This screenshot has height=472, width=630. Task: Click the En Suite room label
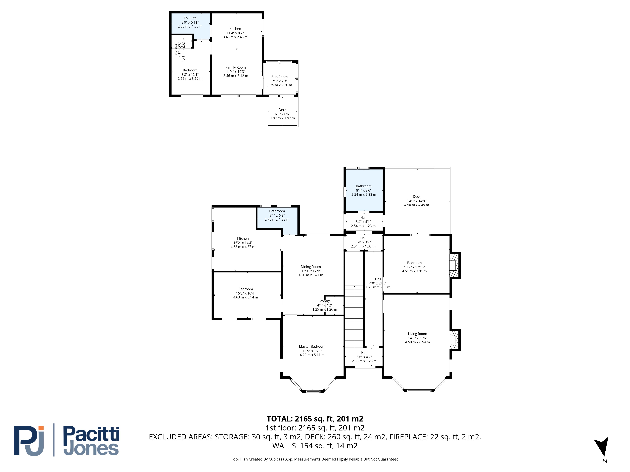pyautogui.click(x=190, y=18)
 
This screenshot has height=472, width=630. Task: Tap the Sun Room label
pyautogui.click(x=279, y=77)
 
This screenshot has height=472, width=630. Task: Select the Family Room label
pyautogui.click(x=235, y=67)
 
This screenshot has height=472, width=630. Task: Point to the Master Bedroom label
pyautogui.click(x=312, y=347)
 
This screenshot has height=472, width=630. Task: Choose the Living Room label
pyautogui.click(x=417, y=334)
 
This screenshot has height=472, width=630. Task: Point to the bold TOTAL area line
pyautogui.click(x=315, y=419)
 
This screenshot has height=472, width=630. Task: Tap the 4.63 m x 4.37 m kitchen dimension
pyautogui.click(x=243, y=247)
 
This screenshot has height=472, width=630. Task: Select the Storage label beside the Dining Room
pyautogui.click(x=324, y=301)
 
